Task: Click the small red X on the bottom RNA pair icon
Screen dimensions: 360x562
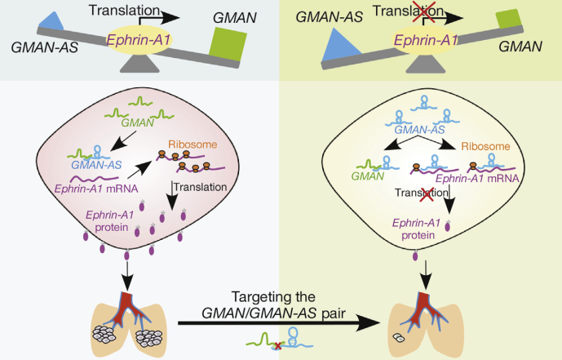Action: (x=280, y=346)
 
